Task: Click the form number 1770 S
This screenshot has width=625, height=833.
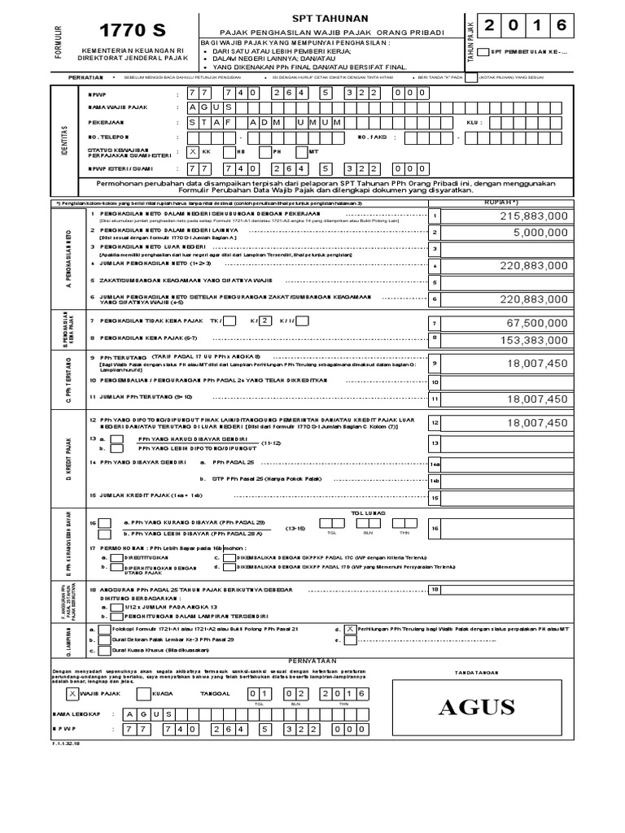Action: pyautogui.click(x=131, y=31)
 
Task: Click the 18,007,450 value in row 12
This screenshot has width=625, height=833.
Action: pyautogui.click(x=535, y=423)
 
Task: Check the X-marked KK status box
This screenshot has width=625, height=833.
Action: pyautogui.click(x=192, y=151)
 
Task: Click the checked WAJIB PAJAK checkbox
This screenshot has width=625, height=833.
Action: pyautogui.click(x=72, y=693)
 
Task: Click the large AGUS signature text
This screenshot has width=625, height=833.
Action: pyautogui.click(x=476, y=707)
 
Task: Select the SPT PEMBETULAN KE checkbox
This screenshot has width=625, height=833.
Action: pyautogui.click(x=483, y=52)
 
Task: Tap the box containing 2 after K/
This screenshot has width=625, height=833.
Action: pyautogui.click(x=264, y=320)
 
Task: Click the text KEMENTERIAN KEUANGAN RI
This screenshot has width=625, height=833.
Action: pyautogui.click(x=131, y=51)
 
